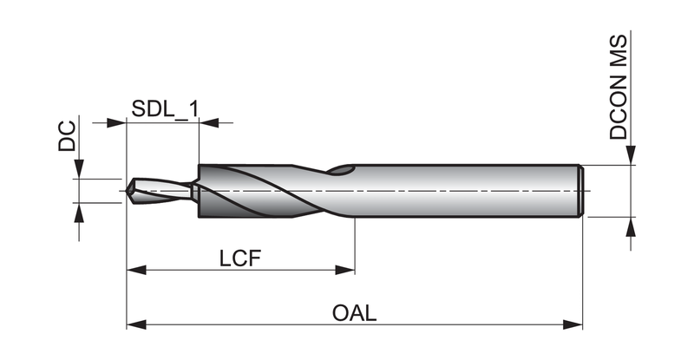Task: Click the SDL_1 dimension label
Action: click(165, 109)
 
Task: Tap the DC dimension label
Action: click(67, 136)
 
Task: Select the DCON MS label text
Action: click(619, 88)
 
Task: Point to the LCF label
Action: click(240, 259)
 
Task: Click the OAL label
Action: click(355, 313)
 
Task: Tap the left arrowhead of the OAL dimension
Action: click(136, 324)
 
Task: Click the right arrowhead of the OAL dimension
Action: click(573, 324)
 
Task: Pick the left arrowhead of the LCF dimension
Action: click(136, 270)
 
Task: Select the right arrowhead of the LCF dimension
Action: click(344, 270)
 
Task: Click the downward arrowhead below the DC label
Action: click(79, 169)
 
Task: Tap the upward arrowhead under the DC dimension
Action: click(79, 213)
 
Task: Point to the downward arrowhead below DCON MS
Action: click(631, 155)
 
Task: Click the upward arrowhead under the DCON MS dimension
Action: click(631, 226)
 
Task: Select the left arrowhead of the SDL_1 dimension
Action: click(116, 122)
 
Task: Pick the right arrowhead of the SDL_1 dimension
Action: click(209, 122)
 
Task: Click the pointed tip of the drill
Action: click(127, 192)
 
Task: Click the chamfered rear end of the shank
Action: click(581, 191)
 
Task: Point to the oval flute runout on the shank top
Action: click(341, 170)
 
